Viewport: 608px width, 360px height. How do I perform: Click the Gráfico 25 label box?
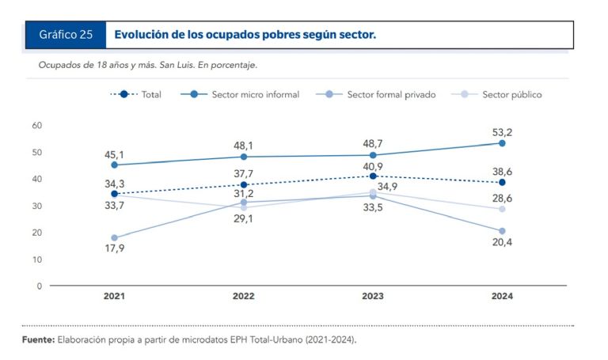[66, 35]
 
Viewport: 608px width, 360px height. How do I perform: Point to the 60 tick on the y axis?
[37, 125]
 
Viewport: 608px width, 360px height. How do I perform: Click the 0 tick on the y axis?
[39, 286]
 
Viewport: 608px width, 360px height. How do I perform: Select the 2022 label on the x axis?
[244, 296]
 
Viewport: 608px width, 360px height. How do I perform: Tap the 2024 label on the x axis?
[502, 296]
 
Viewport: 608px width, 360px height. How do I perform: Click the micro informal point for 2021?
[115, 165]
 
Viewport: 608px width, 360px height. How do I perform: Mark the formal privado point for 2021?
[115, 237]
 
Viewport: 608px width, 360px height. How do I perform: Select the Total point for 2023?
[373, 176]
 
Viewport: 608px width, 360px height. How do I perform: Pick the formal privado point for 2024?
[502, 231]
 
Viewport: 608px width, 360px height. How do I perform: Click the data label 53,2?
[502, 131]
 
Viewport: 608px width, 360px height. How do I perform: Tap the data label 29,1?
[244, 219]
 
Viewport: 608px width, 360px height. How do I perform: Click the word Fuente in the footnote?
[38, 339]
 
